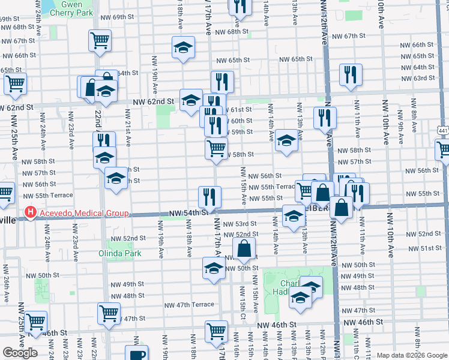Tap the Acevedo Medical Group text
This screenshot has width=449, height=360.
[82, 213]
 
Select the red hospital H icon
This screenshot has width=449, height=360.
[29, 213]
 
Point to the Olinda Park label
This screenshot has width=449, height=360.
[120, 253]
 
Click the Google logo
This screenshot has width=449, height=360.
[19, 353]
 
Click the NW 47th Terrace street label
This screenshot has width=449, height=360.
[189, 305]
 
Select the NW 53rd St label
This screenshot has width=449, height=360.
[240, 224]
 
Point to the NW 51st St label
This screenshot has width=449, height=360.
[430, 248]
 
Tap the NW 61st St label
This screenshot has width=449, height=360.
[240, 109]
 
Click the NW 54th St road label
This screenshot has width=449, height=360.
[188, 212]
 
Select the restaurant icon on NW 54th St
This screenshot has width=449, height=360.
[210, 196]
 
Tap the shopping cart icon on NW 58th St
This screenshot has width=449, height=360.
[216, 147]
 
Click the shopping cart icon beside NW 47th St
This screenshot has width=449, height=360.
[109, 312]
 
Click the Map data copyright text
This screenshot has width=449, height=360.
[411, 355]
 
